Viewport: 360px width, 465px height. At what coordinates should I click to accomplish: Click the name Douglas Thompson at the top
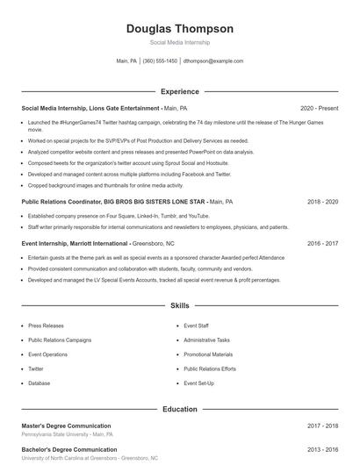179,28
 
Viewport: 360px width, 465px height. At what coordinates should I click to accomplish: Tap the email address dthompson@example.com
213,61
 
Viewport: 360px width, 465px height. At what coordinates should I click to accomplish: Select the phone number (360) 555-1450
160,61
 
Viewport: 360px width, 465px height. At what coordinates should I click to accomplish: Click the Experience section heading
179,91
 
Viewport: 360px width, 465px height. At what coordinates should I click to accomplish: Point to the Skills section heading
179,305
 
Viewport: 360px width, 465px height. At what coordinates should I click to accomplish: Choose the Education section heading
179,409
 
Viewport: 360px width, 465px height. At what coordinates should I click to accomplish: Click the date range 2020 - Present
319,108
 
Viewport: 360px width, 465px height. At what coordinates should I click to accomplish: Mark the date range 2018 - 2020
322,201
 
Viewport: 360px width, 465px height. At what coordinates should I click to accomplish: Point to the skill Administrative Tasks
206,340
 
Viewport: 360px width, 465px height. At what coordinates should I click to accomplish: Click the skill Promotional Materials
208,354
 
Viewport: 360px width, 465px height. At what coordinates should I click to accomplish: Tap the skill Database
39,383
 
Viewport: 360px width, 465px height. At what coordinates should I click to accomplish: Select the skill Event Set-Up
199,383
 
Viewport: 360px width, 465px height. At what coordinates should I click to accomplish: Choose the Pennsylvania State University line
67,434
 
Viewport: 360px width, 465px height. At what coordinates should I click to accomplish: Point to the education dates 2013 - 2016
322,449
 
